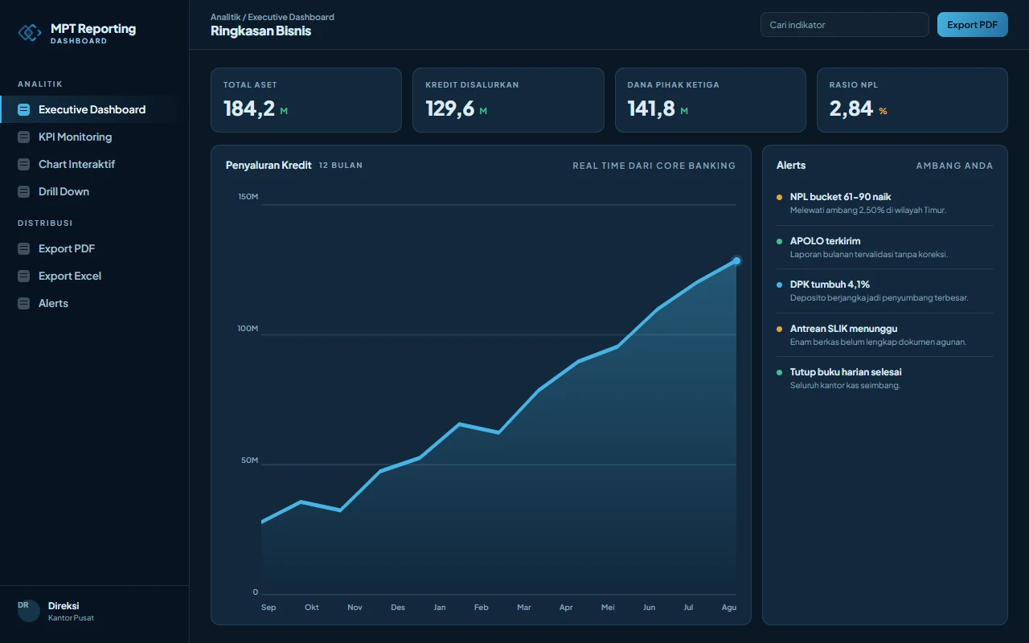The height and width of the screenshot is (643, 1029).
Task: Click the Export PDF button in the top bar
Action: point(973,25)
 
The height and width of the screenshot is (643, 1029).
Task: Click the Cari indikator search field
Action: point(844,25)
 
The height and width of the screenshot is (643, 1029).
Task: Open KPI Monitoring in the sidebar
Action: point(75,137)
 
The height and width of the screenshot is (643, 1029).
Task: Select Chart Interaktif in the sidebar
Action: point(76,164)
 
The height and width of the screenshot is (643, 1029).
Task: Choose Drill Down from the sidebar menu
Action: point(64,191)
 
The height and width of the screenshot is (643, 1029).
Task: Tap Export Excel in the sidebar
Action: point(69,276)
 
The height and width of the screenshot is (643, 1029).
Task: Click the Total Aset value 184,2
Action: point(249,109)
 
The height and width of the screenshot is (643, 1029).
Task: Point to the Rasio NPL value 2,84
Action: point(851,109)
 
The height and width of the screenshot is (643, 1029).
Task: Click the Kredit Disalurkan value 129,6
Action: point(449,109)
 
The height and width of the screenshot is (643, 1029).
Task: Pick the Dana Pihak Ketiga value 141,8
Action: point(651,109)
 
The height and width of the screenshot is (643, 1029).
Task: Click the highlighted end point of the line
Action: point(736,261)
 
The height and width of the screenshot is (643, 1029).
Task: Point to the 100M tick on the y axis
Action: point(248,329)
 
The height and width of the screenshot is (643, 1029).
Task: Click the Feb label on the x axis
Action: point(481,607)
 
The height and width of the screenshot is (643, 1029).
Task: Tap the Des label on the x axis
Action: point(398,607)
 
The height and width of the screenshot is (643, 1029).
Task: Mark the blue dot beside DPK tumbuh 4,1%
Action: point(779,285)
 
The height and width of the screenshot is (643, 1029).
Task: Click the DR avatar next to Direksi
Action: point(28,611)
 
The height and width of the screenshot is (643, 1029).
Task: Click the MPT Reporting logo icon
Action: point(30,33)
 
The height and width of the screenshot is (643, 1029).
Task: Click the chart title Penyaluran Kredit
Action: point(269,165)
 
